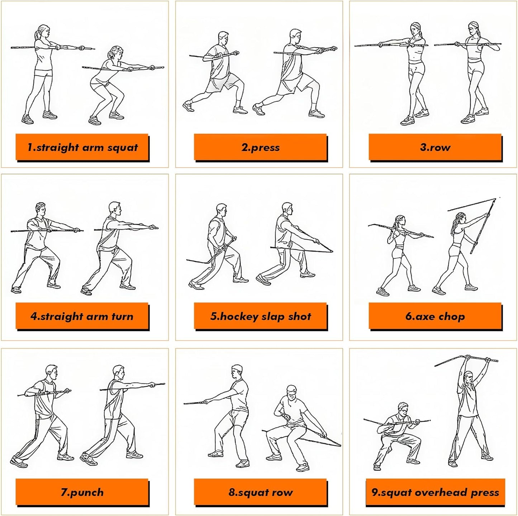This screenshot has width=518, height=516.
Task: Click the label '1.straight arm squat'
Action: [82, 147]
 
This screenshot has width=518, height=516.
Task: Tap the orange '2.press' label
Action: [260, 147]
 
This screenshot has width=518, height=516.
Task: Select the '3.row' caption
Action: [435, 147]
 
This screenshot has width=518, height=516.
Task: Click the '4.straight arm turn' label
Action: [82, 316]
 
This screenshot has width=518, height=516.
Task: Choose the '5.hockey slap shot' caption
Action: [260, 316]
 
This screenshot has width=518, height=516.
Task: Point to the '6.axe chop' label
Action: [435, 316]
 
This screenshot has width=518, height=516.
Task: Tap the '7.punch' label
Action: [82, 492]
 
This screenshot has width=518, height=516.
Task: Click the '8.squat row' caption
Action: [260, 492]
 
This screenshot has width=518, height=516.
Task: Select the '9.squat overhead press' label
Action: [435, 492]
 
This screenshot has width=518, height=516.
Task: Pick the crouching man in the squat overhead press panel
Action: [398, 434]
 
